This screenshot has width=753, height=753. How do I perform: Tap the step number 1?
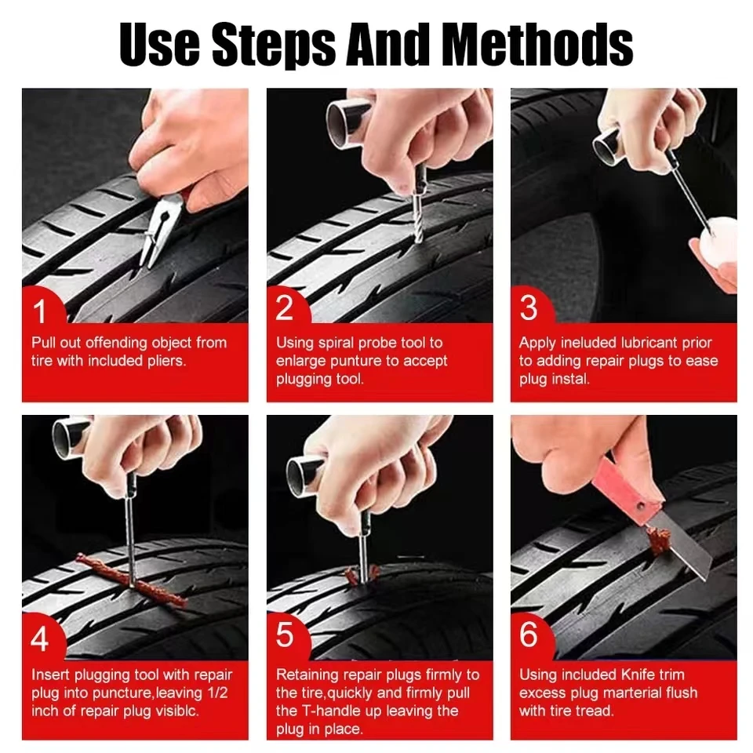click(40, 311)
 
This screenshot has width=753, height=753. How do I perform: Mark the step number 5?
click(285, 636)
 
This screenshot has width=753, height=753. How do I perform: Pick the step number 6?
click(529, 636)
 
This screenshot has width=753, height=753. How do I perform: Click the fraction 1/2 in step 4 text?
click(220, 693)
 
